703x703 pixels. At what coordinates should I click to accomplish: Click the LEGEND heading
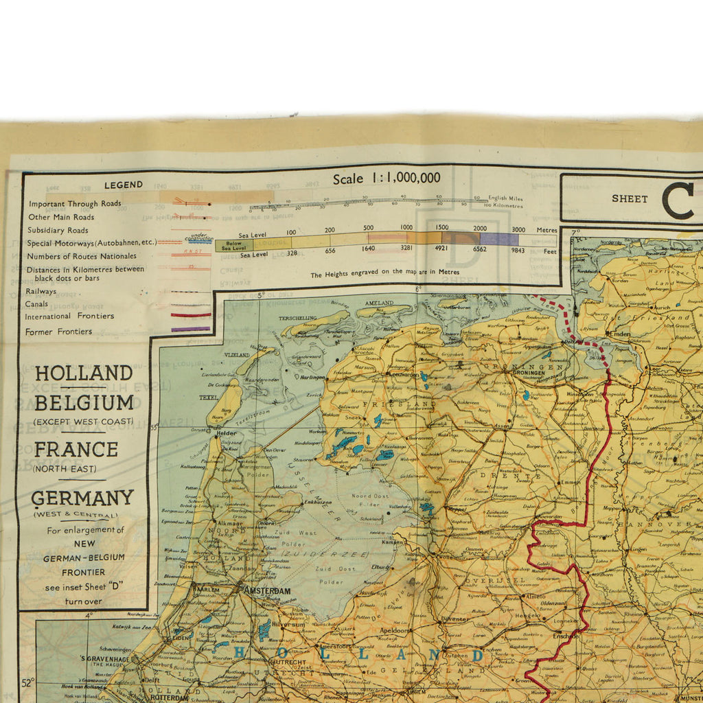click(124, 185)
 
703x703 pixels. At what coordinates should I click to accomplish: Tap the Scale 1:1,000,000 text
click(387, 178)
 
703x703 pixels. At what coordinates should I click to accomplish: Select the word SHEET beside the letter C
click(630, 199)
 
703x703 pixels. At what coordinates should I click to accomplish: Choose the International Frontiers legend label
click(69, 316)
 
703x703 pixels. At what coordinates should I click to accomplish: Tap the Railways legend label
click(41, 291)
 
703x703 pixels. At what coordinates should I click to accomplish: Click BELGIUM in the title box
click(84, 402)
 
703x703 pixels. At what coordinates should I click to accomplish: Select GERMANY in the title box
click(82, 498)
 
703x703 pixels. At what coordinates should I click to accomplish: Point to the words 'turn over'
click(83, 601)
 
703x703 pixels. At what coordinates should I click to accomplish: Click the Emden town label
click(620, 334)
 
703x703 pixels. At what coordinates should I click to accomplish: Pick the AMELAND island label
click(379, 303)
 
